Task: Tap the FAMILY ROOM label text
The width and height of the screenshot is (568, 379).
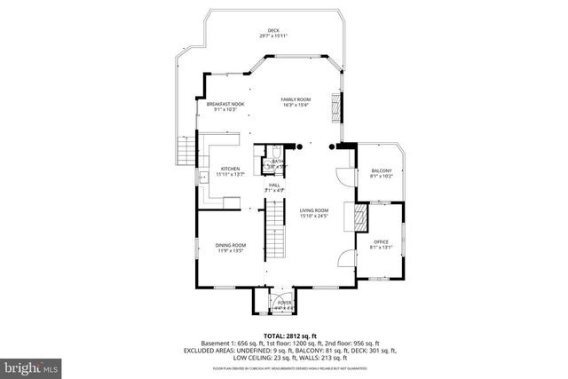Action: point(295,101)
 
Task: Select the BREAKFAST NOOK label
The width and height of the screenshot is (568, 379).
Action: point(225,107)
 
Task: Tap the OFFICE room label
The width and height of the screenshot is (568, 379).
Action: point(381,243)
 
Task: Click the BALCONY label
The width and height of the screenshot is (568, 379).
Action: point(381,172)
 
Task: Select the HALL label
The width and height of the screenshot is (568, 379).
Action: point(274,186)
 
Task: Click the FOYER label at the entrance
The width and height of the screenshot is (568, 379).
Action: point(284,304)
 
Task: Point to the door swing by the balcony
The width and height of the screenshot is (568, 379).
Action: point(343,172)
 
